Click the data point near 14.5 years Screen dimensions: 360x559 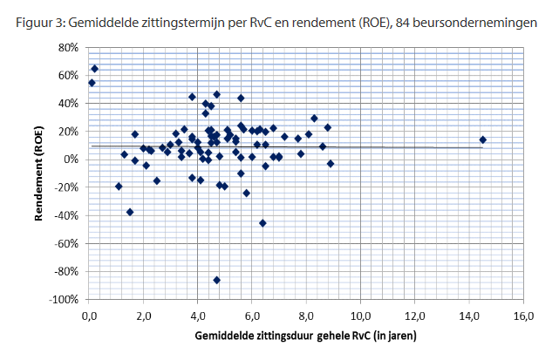[482, 139]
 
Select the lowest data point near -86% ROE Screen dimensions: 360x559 [216, 280]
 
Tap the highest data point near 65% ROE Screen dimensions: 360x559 [95, 68]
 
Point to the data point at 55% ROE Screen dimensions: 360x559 [92, 83]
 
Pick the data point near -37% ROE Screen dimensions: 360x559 [130, 212]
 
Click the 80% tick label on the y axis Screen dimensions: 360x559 [68, 47]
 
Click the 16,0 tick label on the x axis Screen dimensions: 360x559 [523, 315]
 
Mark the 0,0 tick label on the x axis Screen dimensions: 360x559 [89, 315]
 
